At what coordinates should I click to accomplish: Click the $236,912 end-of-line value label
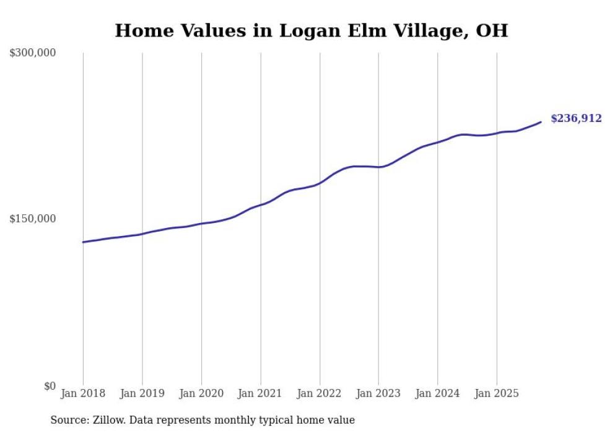tap(575, 118)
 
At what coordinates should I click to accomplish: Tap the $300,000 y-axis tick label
tap(33, 53)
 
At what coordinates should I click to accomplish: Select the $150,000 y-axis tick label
tap(33, 219)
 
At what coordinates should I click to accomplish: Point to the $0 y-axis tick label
tap(50, 386)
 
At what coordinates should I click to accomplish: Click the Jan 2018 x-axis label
tap(83, 393)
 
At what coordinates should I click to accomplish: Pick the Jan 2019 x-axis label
tap(142, 393)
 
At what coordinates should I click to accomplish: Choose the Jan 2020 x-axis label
tap(201, 393)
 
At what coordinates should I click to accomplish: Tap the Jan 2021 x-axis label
tap(261, 393)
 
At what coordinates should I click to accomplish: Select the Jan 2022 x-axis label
tap(320, 393)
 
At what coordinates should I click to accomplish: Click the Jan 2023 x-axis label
tap(379, 393)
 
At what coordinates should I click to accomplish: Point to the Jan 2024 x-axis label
tap(438, 393)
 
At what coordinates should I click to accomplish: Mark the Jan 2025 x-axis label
tap(497, 393)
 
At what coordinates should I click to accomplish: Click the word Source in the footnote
tap(68, 420)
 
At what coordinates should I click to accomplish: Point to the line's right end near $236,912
tap(541, 122)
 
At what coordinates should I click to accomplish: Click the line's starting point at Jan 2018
tap(83, 242)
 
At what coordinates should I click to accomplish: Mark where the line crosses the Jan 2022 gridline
tap(320, 183)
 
